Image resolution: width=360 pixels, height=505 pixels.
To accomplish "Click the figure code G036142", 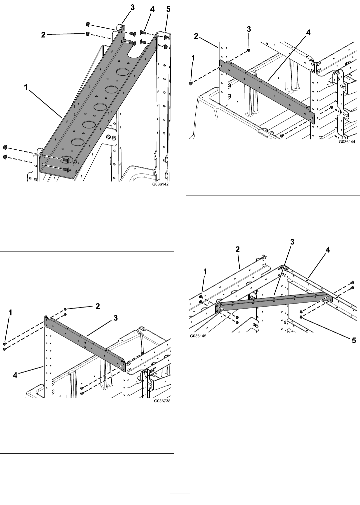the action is tap(160, 184).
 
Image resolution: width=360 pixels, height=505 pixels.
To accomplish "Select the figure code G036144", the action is tap(347, 142).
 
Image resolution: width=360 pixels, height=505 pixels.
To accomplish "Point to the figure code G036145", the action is tap(198, 336).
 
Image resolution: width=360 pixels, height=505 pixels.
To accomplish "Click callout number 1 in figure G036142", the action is tap(26, 87).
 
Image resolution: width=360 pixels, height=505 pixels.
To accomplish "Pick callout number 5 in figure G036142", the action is tap(168, 9).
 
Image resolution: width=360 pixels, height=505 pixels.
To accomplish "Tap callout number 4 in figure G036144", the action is tap(308, 33).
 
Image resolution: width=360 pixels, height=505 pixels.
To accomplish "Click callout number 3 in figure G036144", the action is tap(249, 29).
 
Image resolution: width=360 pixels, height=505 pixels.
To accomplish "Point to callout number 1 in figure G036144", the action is tap(193, 58).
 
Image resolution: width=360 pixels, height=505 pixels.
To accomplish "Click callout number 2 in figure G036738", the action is tap(98, 306).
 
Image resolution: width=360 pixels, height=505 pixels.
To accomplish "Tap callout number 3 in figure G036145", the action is tap(292, 242).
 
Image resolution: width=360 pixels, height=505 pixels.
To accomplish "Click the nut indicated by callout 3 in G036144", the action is tap(248, 50).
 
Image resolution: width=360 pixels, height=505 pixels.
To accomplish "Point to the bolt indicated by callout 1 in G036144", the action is tap(190, 84).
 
